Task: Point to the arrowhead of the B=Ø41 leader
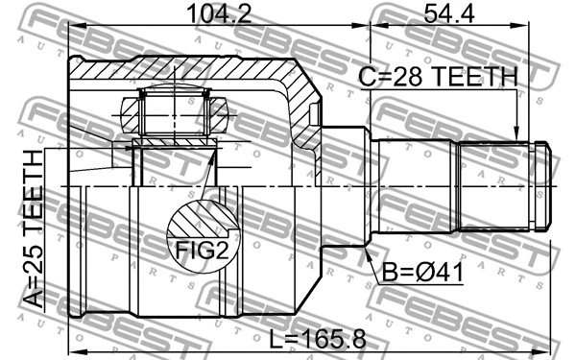[365, 251]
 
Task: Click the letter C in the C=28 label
[367, 77]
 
